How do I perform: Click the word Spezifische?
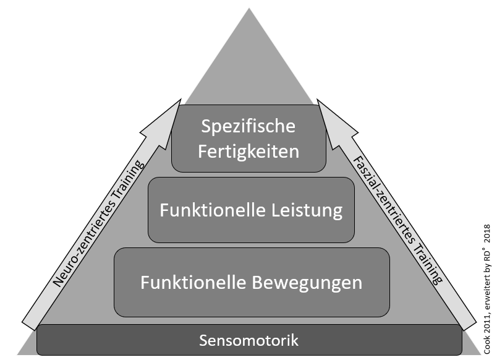point(248,127)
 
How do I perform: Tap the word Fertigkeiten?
point(248,151)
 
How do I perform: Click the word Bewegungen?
point(307,283)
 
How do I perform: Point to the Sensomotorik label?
point(248,340)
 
